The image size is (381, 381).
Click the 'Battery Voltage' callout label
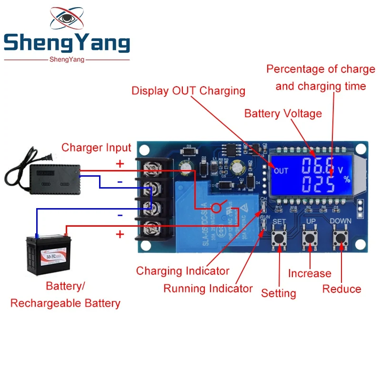(x=283, y=114)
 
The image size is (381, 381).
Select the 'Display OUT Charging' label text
(x=189, y=90)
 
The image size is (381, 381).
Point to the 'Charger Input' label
(x=96, y=148)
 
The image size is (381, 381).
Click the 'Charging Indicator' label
(x=183, y=271)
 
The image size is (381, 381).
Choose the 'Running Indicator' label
(x=208, y=289)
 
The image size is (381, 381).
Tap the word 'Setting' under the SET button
(x=279, y=293)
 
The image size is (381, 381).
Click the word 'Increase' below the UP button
(x=310, y=273)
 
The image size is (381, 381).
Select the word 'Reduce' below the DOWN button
(x=341, y=289)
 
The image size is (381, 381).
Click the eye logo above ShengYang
(x=67, y=20)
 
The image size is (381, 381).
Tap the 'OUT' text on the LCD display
(x=281, y=170)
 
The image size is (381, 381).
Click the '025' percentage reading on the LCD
(x=311, y=184)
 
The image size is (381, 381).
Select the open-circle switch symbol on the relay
(x=218, y=208)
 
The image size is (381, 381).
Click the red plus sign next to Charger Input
(x=120, y=164)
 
